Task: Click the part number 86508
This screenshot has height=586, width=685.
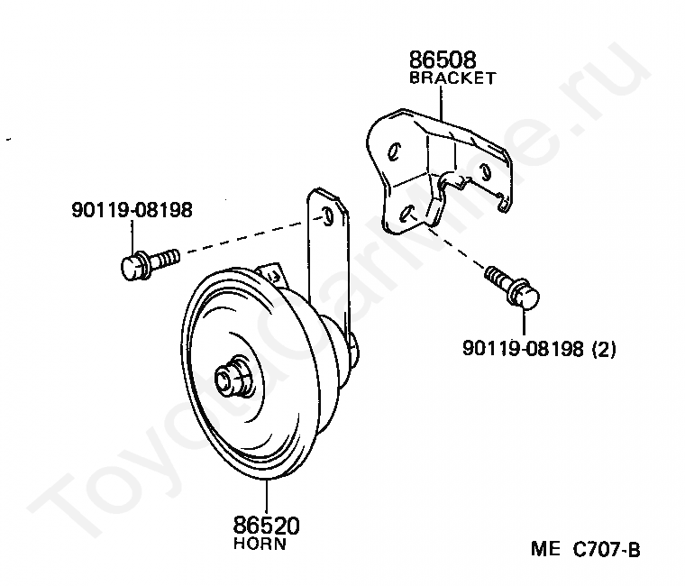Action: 443,60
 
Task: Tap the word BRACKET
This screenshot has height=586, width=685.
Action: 452,78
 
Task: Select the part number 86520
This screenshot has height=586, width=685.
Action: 267,526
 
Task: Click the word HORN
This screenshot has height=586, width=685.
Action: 260,544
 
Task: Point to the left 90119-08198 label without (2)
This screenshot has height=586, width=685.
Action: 132,210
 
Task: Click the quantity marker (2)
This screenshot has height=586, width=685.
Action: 603,349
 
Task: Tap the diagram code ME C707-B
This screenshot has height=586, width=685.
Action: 585,549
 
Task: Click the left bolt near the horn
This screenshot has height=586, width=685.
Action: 150,261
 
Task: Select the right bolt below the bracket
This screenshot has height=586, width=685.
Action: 513,288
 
